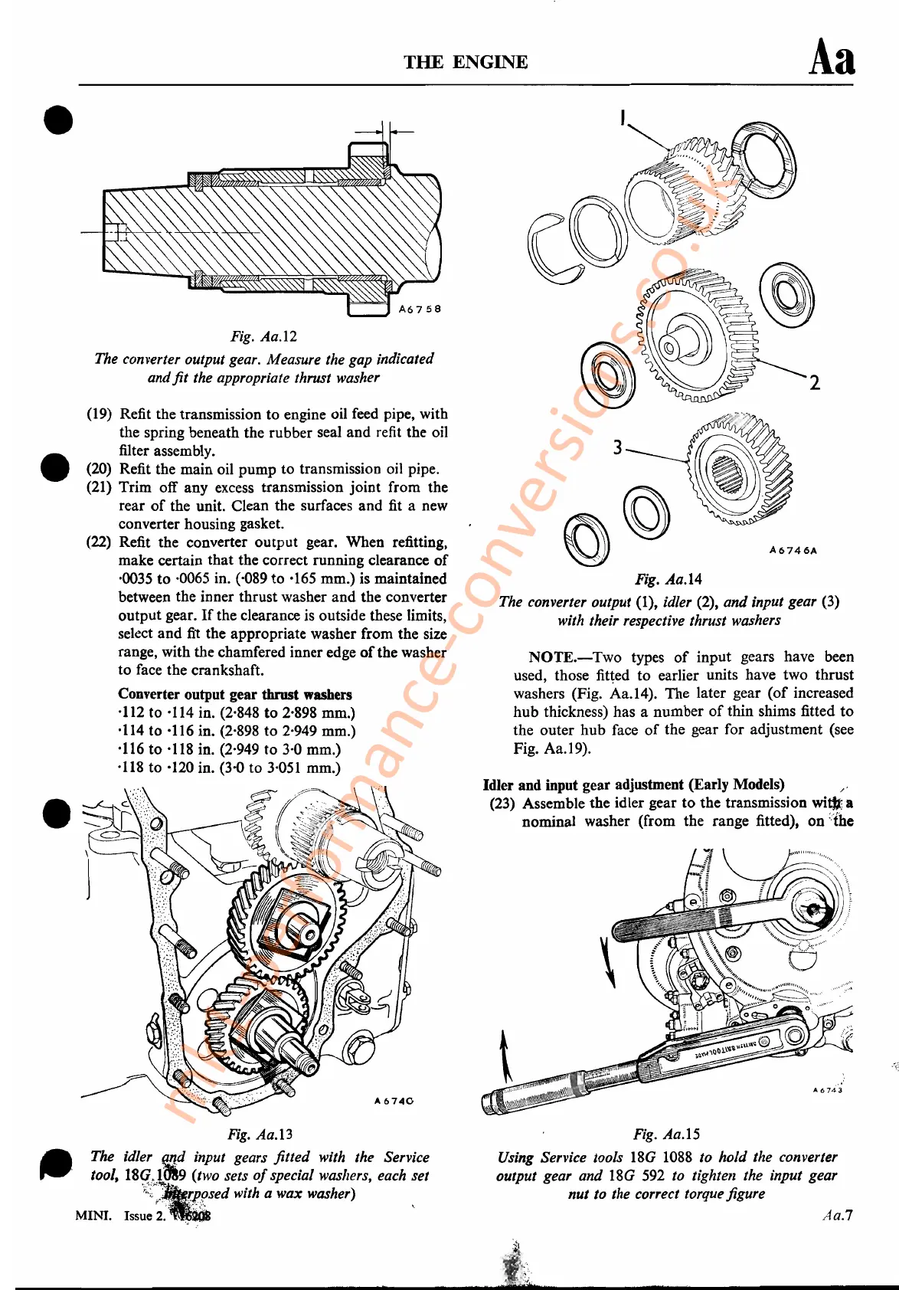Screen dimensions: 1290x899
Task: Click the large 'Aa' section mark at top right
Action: click(832, 58)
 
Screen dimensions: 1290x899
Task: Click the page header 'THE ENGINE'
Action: click(466, 62)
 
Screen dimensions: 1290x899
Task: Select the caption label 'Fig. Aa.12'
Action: click(263, 336)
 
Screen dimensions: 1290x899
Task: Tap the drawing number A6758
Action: click(420, 309)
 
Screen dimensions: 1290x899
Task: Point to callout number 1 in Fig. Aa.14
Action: click(623, 118)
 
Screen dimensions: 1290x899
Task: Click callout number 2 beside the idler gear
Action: click(814, 382)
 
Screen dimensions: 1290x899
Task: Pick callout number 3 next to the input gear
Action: click(617, 447)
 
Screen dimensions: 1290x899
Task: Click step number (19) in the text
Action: click(99, 414)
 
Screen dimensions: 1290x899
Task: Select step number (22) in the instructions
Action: click(99, 542)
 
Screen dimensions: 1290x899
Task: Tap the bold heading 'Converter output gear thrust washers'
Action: click(235, 695)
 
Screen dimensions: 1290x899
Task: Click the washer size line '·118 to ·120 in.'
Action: click(229, 768)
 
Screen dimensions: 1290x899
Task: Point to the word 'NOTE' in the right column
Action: click(551, 657)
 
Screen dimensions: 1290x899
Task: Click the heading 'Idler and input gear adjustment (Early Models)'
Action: click(633, 784)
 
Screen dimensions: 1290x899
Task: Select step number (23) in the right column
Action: click(502, 804)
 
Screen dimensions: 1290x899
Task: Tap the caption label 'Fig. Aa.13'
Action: click(260, 1134)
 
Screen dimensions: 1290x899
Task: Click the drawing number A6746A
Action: click(793, 550)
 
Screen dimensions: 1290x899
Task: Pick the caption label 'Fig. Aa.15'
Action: click(666, 1134)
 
